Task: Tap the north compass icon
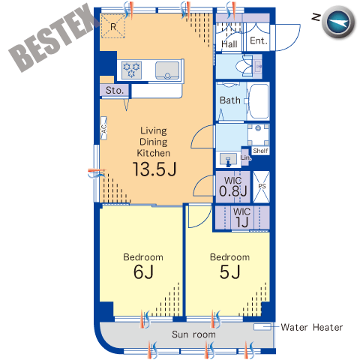point(338,22)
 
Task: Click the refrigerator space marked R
point(113,26)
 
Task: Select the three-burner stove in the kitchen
point(132,70)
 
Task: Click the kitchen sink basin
point(167,70)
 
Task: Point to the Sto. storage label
point(115,90)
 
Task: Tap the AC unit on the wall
point(103,128)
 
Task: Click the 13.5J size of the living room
point(154,169)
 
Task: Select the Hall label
point(229,44)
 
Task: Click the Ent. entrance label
point(259,40)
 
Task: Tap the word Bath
point(230,100)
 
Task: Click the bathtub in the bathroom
point(259,101)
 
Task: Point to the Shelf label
point(260,151)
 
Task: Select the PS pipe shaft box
point(261,187)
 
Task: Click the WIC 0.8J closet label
point(233,187)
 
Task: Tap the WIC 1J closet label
point(241,217)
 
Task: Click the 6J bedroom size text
point(143,271)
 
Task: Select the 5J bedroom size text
point(230,271)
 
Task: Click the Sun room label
point(193,334)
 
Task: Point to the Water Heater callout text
point(312,327)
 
